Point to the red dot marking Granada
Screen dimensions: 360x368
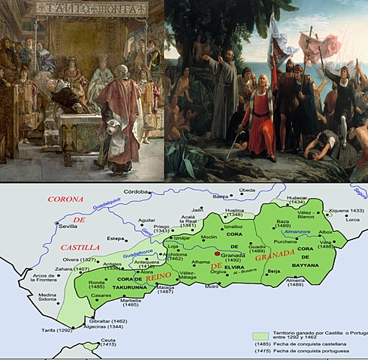(x=217, y=254)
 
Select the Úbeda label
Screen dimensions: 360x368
(x=250, y=190)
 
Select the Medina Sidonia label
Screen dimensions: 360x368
(x=48, y=298)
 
